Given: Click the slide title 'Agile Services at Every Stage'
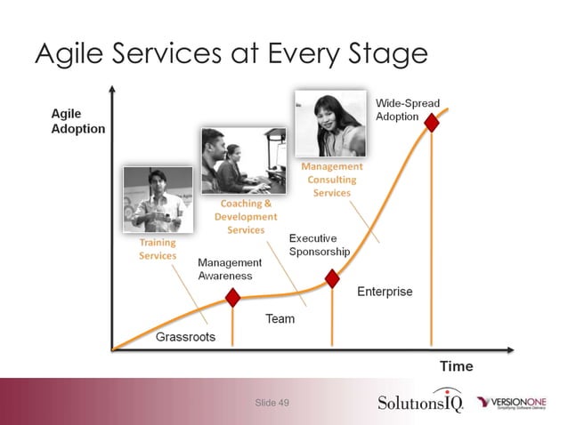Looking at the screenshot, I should point(231,54).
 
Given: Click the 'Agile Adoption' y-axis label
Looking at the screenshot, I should point(77,121).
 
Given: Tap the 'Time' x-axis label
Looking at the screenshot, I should point(456,365).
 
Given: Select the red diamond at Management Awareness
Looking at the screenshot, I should point(232,297).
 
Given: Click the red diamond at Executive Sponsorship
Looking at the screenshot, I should point(332,278).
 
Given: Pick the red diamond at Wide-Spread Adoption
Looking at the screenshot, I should point(432,123).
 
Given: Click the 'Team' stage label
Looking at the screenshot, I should point(280,319).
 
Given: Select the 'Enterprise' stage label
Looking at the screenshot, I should point(385,292).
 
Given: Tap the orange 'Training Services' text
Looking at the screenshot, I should point(158,249).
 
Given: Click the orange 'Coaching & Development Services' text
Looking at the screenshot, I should point(246,216).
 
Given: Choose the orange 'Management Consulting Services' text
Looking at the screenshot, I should point(331,180).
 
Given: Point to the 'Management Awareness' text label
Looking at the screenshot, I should point(230,269).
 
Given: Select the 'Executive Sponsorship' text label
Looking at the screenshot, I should point(320,245).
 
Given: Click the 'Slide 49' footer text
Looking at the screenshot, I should point(272,403).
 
